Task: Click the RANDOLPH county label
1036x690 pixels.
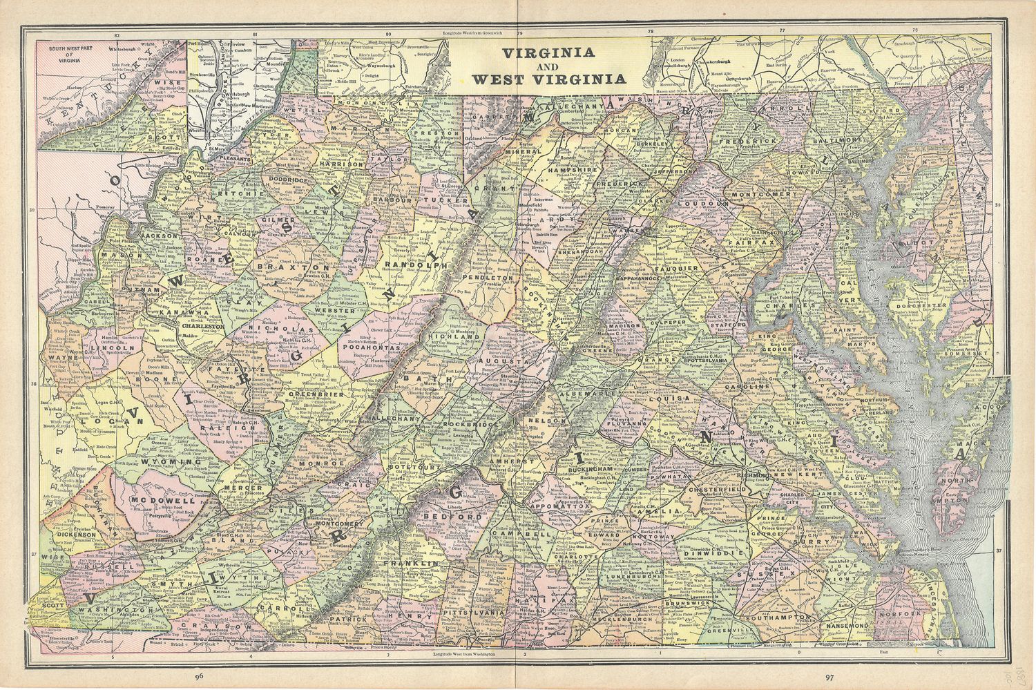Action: click(414, 265)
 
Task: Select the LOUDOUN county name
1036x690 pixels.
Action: click(703, 204)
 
